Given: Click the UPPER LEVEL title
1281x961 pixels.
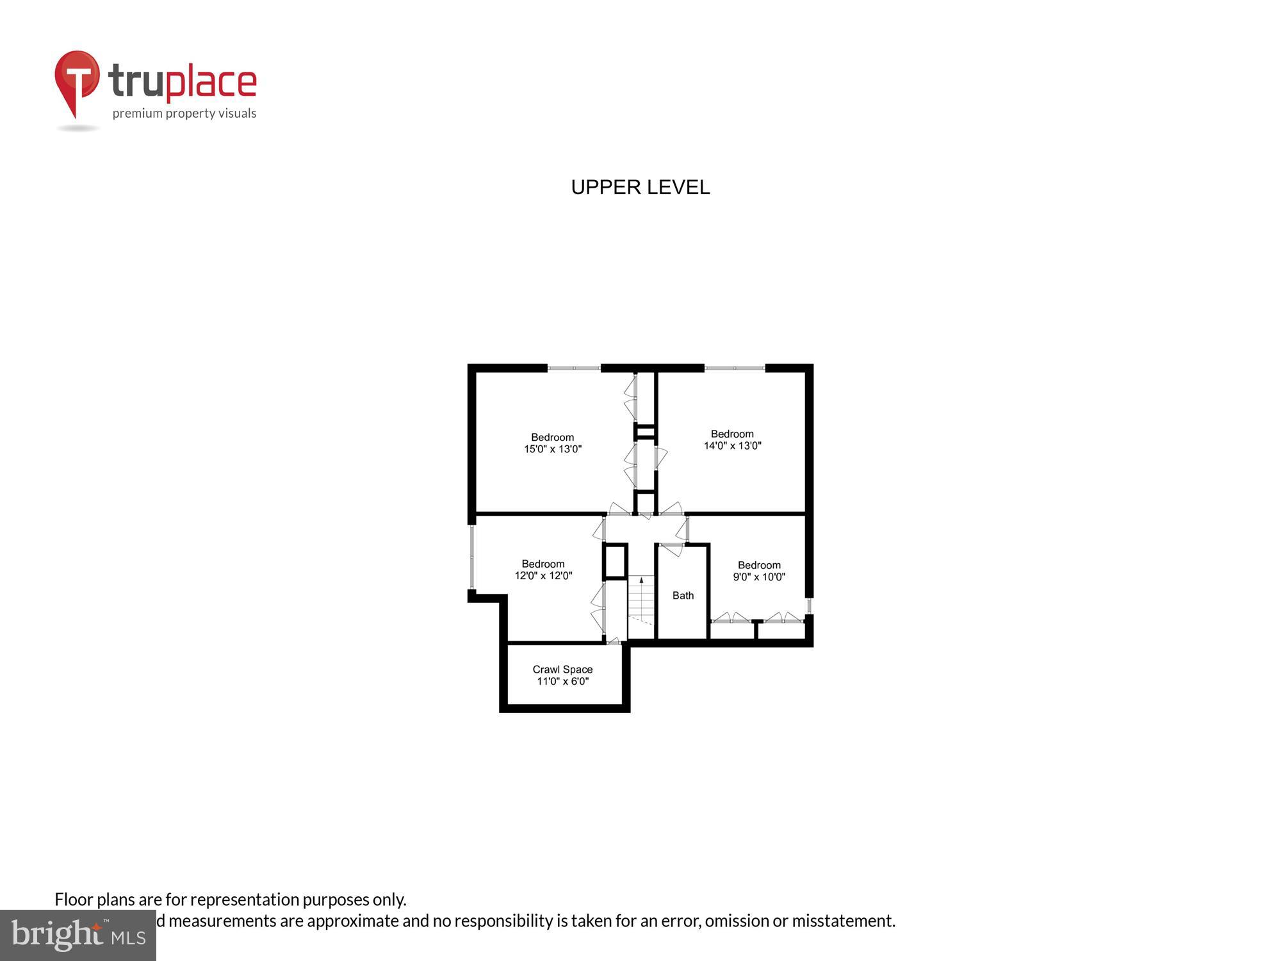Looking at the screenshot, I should [x=640, y=187].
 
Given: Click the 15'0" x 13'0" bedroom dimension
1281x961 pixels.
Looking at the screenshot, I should [x=553, y=449].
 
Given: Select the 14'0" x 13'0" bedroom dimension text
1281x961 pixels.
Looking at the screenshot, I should [x=732, y=446].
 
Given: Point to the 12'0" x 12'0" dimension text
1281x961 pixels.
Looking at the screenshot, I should [x=543, y=576].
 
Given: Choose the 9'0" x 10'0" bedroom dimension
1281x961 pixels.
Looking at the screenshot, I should [x=759, y=577].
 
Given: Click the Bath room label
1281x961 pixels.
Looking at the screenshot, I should [x=683, y=596].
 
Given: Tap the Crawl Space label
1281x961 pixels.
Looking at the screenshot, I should [x=562, y=669].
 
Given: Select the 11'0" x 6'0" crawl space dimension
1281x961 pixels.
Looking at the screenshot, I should [x=562, y=682].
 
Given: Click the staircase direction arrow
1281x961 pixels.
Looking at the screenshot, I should [x=641, y=580].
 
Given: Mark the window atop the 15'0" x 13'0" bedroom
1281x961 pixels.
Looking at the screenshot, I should [x=574, y=368].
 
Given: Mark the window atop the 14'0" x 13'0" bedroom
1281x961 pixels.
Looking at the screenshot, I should [x=735, y=368].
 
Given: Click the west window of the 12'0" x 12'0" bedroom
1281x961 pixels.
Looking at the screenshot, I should [x=472, y=556].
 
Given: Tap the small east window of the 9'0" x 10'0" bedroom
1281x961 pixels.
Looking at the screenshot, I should [x=809, y=605].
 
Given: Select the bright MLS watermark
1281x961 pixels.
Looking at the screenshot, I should [x=78, y=935].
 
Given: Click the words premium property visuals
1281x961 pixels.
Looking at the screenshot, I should [x=184, y=114].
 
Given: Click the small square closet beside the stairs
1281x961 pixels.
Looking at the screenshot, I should [x=615, y=561].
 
